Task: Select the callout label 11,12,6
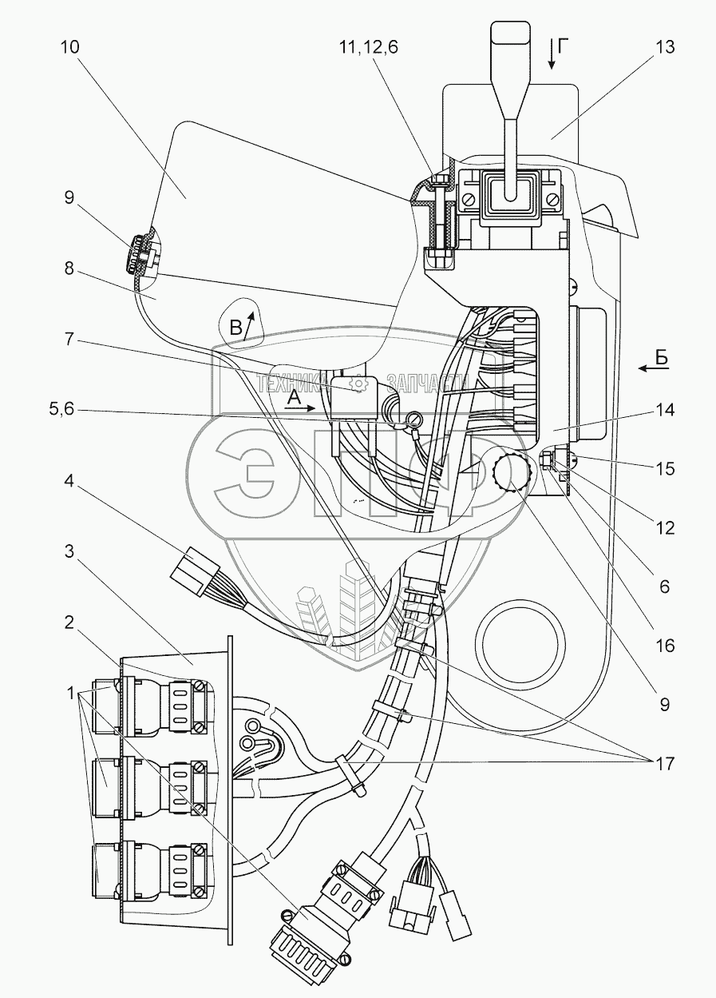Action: pos(369,47)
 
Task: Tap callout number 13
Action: pos(665,47)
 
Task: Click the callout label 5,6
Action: pos(61,408)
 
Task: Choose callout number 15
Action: pos(665,469)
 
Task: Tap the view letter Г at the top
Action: pos(563,46)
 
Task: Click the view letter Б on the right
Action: pos(663,358)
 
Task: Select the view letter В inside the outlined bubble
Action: pos(235,328)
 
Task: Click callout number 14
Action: pos(665,409)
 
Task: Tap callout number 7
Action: pos(69,340)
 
